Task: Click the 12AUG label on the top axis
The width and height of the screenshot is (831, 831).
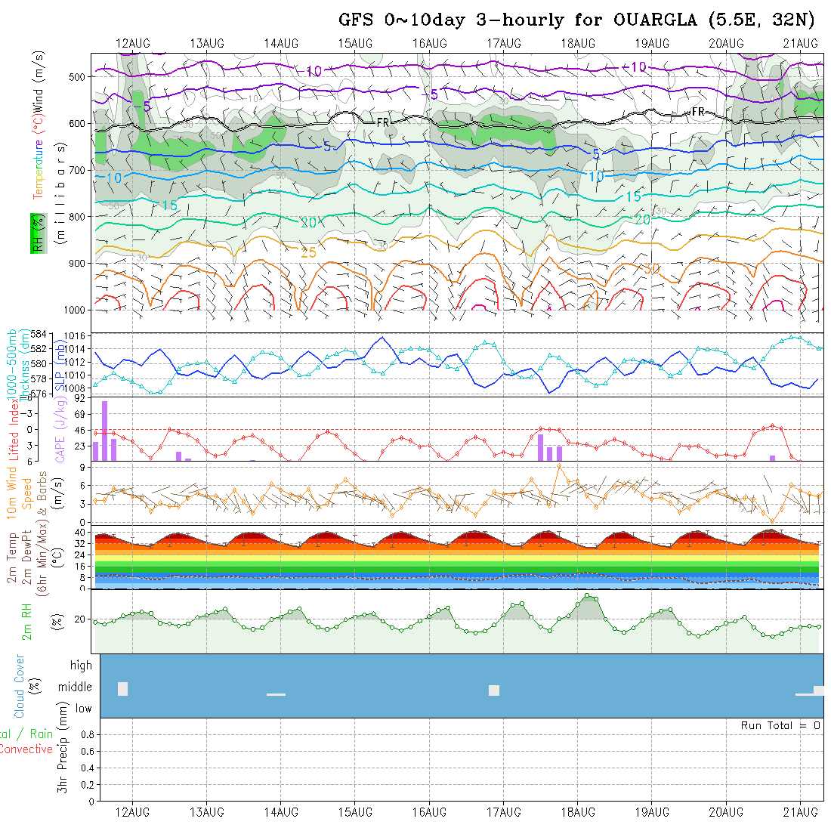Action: tap(133, 43)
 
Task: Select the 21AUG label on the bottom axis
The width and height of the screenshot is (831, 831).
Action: tap(800, 812)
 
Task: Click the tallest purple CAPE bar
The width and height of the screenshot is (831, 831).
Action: tap(105, 431)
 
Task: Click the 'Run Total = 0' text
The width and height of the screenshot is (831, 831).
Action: tap(780, 725)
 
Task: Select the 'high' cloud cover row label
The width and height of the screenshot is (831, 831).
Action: tap(81, 666)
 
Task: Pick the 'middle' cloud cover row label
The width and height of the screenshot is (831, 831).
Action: tap(76, 687)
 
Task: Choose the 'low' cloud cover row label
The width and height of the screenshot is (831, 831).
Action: tap(83, 709)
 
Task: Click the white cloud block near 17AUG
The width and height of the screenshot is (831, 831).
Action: tap(494, 690)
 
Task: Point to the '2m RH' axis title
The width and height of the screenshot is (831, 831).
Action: tap(27, 622)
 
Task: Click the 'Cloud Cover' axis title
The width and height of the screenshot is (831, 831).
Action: tap(19, 687)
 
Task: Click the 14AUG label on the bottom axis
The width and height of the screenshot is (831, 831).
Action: tap(281, 812)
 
